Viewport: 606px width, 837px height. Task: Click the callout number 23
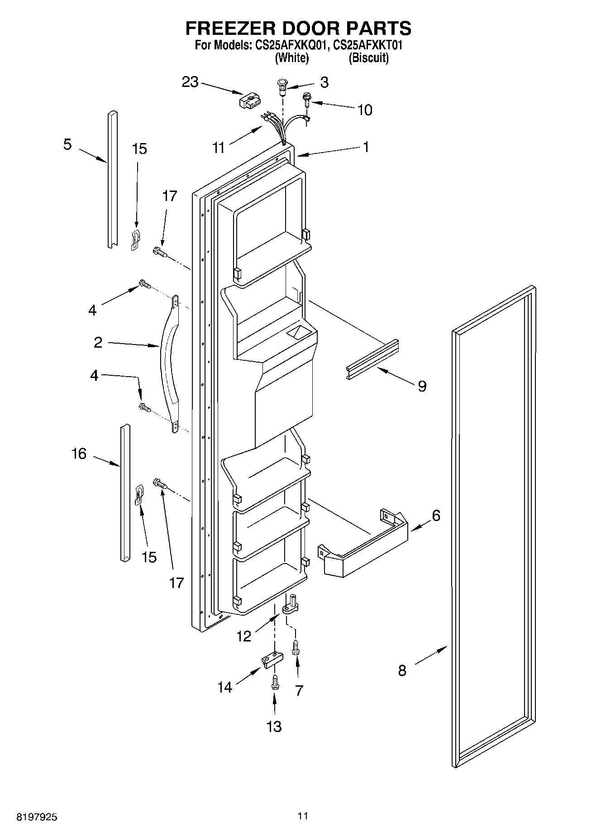190,82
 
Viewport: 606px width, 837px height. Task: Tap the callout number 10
365,110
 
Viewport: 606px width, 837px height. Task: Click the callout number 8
402,670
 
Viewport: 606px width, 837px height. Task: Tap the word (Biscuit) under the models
368,58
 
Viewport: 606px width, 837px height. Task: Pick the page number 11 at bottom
303,816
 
